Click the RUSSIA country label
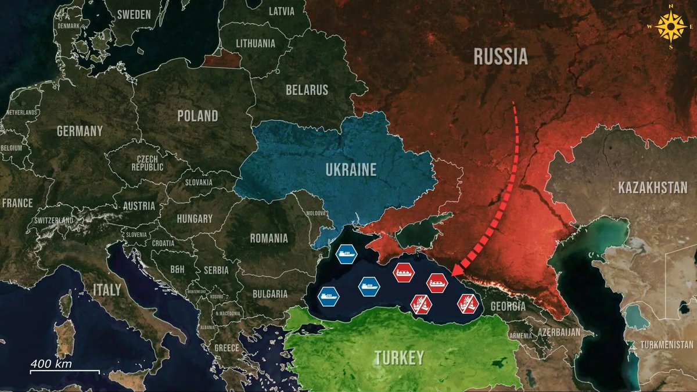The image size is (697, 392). [x=500, y=56]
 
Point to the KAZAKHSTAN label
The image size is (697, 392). [x=653, y=188]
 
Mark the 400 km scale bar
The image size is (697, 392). [x=64, y=370]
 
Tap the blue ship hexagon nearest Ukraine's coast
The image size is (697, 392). [x=347, y=253]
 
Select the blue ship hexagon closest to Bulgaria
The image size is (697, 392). [x=329, y=296]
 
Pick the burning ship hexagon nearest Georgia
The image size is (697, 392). [x=467, y=302]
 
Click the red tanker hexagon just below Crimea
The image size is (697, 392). [x=403, y=272]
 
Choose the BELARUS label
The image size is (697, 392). [x=307, y=90]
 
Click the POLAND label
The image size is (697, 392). [x=197, y=116]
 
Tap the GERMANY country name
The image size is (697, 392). [x=80, y=131]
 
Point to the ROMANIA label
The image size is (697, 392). [x=268, y=238]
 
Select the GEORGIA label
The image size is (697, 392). [x=508, y=306]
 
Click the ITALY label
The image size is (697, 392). [x=106, y=289]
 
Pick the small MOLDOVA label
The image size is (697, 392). [x=316, y=214]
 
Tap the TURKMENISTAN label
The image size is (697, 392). [x=667, y=345]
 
